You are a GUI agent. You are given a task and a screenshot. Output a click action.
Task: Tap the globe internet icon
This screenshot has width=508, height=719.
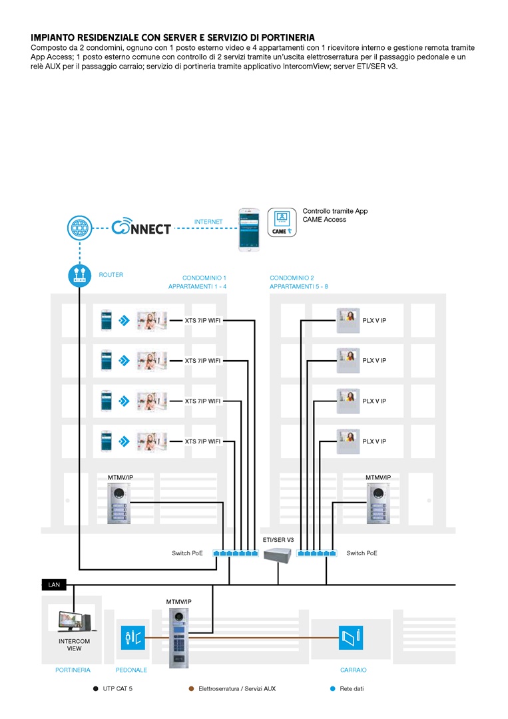coord(79,228)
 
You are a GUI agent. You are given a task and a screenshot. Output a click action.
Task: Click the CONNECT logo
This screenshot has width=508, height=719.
coord(140,228)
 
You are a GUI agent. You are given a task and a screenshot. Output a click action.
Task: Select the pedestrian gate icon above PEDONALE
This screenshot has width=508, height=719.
coord(130,638)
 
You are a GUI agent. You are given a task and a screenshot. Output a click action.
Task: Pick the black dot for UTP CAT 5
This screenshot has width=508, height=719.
coord(95,689)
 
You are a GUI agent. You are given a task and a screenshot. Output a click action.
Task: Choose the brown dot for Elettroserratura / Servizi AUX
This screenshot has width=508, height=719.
coord(191,689)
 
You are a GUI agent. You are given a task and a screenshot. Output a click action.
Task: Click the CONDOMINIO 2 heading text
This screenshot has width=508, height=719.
coord(292,278)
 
